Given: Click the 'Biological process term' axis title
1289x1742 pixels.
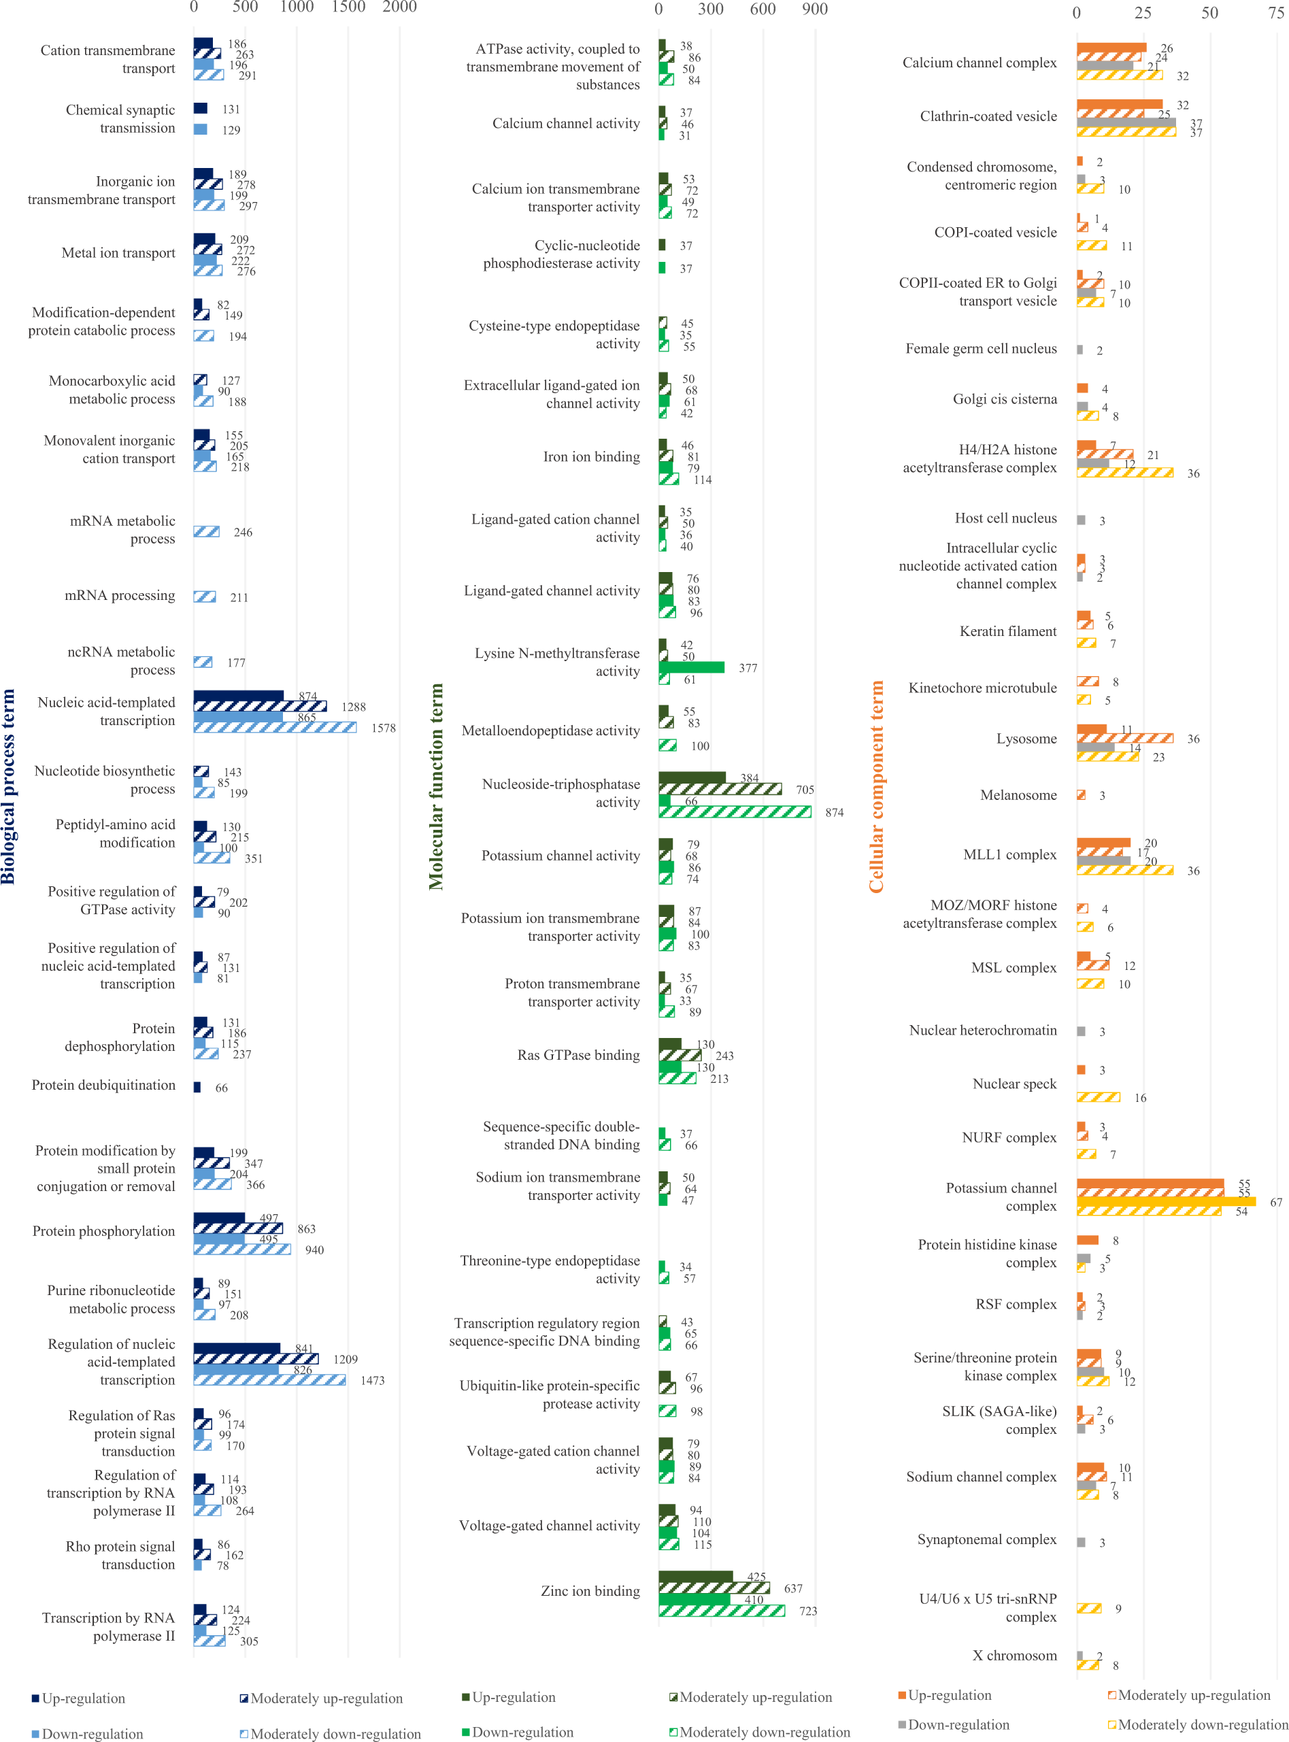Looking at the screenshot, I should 9,786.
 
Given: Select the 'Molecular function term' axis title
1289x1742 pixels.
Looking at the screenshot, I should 435,786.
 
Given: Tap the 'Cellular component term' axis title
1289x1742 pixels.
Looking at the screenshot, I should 876,786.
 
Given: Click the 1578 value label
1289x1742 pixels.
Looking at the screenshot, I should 383,728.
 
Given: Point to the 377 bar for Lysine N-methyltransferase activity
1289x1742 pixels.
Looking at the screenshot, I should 691,667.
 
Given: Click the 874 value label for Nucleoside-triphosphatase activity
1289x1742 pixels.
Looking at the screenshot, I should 834,813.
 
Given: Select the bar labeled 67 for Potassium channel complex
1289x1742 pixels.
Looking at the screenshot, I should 1166,1201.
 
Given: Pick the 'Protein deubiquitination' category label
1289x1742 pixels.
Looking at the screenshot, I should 104,1085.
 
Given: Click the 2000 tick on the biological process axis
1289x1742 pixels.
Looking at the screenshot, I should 399,7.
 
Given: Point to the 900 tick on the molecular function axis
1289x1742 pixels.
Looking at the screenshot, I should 815,9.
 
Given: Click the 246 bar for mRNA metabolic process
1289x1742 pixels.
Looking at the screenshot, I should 206,532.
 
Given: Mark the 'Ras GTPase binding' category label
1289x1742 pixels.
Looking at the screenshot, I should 578,1056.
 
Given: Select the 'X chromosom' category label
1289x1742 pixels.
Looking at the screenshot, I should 1014,1656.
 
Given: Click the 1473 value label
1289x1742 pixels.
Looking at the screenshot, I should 372,1381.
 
